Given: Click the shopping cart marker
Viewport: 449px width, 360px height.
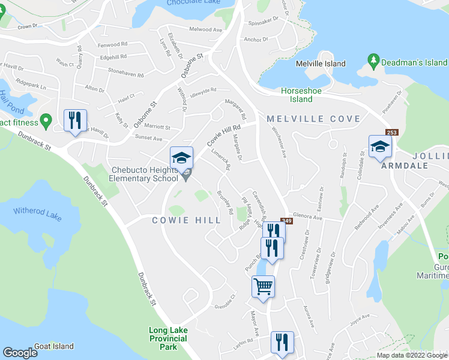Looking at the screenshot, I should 263,286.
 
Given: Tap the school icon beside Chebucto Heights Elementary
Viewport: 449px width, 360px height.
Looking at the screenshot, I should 182,158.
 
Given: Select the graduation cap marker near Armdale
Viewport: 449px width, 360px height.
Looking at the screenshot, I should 380,146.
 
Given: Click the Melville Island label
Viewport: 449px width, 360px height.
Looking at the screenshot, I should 321,64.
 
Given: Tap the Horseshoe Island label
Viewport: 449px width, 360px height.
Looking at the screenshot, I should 297,95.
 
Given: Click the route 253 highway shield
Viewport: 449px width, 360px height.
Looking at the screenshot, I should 392,132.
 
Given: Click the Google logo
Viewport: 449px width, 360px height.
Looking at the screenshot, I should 20,352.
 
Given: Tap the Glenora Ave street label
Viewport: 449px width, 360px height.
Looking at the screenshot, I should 308,217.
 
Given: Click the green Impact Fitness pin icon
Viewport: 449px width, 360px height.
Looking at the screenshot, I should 44,122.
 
